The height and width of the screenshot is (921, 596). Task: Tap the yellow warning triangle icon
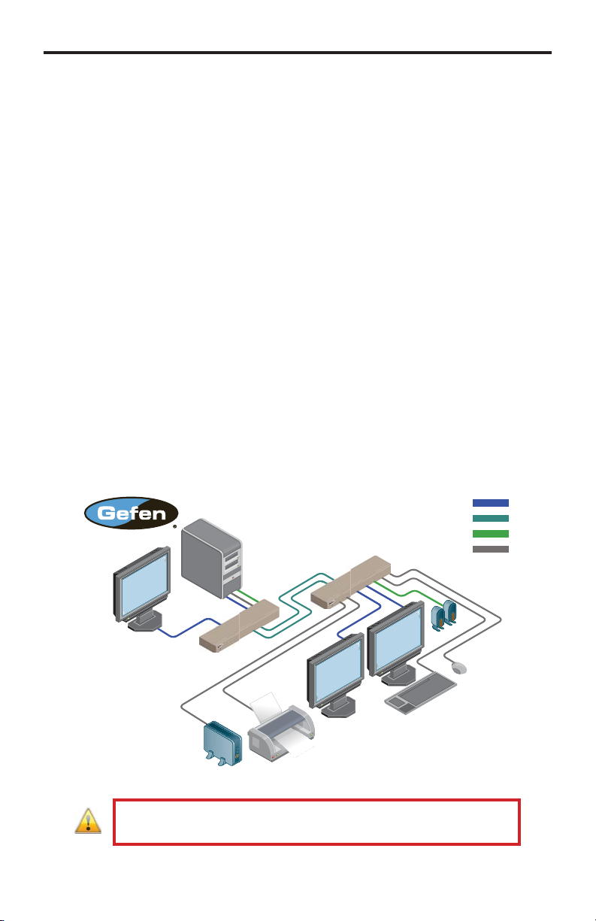[x=88, y=823]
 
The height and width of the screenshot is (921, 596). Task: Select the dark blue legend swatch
[x=490, y=502]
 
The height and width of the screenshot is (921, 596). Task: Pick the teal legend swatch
[x=490, y=518]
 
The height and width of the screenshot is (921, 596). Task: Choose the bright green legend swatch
[x=490, y=533]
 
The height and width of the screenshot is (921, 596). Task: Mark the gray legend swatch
[x=490, y=549]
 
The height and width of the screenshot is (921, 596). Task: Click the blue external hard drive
[x=221, y=745]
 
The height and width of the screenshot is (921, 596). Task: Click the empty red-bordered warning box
[x=316, y=822]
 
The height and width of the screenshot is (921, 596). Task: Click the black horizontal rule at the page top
[x=298, y=53]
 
